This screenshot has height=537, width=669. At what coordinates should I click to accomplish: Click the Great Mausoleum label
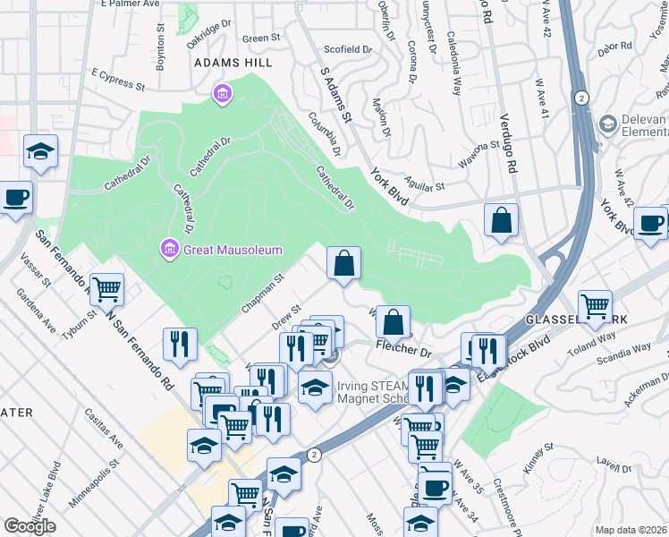[x=233, y=250]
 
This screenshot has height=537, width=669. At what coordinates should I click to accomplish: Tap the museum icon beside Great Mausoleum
[x=167, y=247]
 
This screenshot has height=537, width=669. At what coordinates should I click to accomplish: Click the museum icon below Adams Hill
[x=221, y=93]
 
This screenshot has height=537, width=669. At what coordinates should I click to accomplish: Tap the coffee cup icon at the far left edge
[x=16, y=198]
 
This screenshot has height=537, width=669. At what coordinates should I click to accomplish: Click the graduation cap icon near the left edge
[x=40, y=152]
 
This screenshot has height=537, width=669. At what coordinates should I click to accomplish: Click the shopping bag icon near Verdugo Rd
[x=502, y=220]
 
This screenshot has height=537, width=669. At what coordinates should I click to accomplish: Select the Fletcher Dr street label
[x=404, y=345]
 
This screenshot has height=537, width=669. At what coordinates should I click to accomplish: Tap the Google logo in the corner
[x=30, y=526]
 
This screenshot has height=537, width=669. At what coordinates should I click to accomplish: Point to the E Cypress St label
[x=118, y=81]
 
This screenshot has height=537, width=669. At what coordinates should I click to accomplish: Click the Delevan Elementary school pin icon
[x=609, y=122]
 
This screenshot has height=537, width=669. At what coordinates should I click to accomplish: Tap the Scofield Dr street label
[x=347, y=49]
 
